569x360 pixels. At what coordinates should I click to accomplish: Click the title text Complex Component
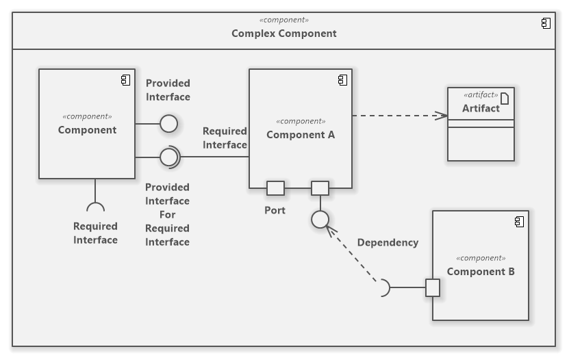pyautogui.click(x=283, y=33)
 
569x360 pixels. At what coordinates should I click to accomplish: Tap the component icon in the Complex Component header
pyautogui.click(x=546, y=23)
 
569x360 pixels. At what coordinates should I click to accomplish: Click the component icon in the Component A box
pyautogui.click(x=342, y=80)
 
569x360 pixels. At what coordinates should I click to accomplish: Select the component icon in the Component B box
pyautogui.click(x=519, y=222)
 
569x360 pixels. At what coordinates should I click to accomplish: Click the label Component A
pyautogui.click(x=301, y=135)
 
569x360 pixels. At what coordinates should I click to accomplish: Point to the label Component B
pyautogui.click(x=481, y=272)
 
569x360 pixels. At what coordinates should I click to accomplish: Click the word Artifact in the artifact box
pyautogui.click(x=481, y=108)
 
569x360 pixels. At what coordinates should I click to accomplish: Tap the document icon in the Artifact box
pyautogui.click(x=505, y=97)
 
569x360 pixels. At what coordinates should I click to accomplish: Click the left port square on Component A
pyautogui.click(x=275, y=188)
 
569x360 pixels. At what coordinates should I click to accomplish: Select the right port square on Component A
pyautogui.click(x=320, y=188)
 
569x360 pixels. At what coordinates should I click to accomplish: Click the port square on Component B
pyautogui.click(x=433, y=287)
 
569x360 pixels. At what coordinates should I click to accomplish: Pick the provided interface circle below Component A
pyautogui.click(x=320, y=220)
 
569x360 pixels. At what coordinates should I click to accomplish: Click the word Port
pyautogui.click(x=275, y=210)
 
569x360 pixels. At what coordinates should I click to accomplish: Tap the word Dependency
pyautogui.click(x=388, y=242)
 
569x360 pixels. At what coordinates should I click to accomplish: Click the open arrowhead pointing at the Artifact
pyautogui.click(x=442, y=115)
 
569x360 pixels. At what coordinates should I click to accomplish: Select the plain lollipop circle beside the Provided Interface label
pyautogui.click(x=168, y=124)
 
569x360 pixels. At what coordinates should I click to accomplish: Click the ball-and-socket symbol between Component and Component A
pyautogui.click(x=169, y=157)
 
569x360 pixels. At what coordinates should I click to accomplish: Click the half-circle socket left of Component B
pyautogui.click(x=385, y=288)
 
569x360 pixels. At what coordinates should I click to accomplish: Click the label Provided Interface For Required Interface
pyautogui.click(x=168, y=214)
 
